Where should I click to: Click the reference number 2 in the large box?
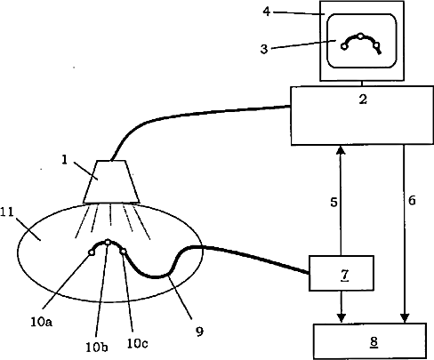[363, 100]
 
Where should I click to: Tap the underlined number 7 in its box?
[344, 275]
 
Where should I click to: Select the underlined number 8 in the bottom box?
[374, 342]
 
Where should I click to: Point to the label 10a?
[42, 322]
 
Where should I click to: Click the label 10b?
[97, 347]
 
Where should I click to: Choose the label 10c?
[137, 343]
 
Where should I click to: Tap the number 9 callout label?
[199, 332]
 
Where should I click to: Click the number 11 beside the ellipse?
[7, 212]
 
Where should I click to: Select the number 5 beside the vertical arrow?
[334, 203]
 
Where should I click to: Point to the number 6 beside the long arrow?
[412, 201]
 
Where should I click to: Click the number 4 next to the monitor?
[267, 12]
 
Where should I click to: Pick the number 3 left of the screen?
[264, 49]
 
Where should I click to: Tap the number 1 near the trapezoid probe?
[65, 160]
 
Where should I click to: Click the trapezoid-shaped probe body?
[111, 182]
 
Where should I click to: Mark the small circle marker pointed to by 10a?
[91, 252]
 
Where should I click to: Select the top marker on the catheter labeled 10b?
[108, 243]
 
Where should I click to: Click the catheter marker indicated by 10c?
[123, 252]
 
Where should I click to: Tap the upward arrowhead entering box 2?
[341, 149]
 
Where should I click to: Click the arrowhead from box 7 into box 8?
[342, 318]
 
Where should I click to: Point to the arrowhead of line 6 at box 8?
[405, 318]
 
